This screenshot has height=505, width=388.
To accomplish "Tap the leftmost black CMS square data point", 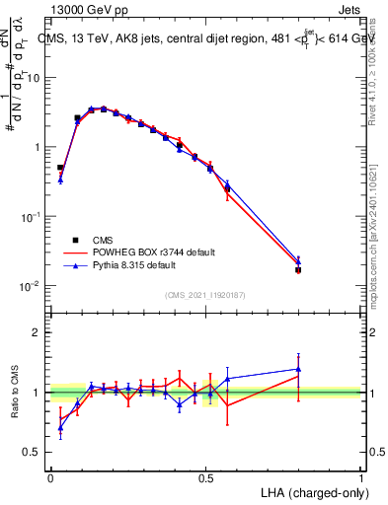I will click(x=60, y=168).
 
